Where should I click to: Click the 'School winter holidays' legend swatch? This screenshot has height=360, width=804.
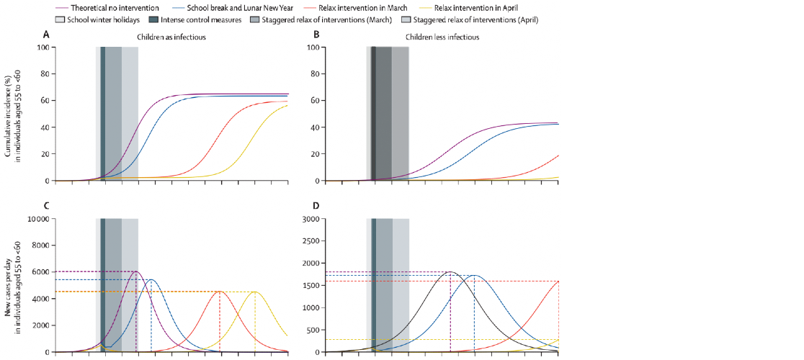pos(57,19)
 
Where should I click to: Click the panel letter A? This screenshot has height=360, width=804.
pos(47,35)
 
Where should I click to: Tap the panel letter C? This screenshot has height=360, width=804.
pos(47,206)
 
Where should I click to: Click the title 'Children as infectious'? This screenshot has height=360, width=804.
pos(171,36)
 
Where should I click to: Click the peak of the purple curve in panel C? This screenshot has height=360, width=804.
pos(135,271)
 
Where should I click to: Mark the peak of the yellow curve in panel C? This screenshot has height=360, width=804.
pos(255,292)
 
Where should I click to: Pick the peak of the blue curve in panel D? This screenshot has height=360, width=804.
pos(475,275)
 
